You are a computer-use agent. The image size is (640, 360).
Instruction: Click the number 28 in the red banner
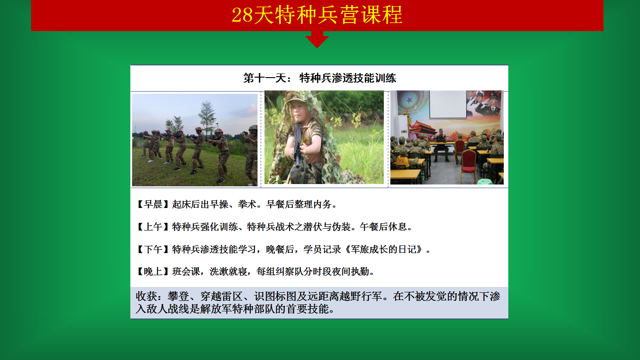pos(242,15)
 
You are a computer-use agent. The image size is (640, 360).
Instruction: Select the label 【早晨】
pos(153,204)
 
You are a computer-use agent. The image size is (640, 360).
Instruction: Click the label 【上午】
pos(153,227)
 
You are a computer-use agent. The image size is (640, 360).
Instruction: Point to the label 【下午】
pos(153,249)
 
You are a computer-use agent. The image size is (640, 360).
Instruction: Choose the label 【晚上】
pos(153,272)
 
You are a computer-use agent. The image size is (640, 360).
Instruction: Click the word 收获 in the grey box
pos(146,296)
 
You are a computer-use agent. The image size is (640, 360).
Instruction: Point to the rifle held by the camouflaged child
pos(298,146)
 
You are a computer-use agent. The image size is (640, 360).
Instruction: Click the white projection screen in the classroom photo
pos(448,104)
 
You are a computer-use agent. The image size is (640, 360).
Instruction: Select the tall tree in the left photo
pos(207,117)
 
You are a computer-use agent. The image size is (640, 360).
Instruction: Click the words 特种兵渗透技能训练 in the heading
pos(348,78)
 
